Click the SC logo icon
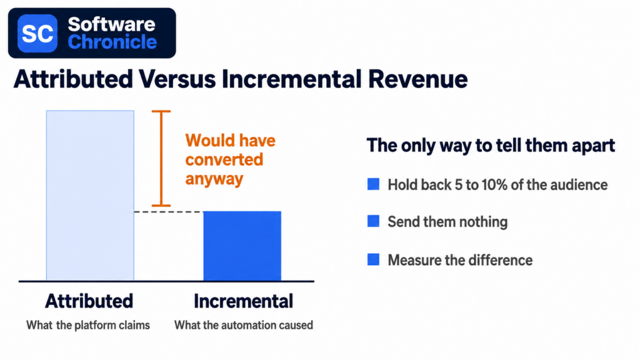37,33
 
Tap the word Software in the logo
111,24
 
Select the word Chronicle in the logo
112,42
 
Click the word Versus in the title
177,79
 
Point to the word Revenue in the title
417,79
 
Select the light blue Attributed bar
90,196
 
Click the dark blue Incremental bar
242,246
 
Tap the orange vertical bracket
161,158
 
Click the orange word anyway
214,179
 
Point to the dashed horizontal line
169,212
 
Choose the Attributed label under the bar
89,301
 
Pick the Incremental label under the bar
243,301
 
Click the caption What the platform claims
88,325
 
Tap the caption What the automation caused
244,325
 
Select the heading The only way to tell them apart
491,146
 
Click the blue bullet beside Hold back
374,184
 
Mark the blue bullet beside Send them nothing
374,221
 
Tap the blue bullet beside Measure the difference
374,259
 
